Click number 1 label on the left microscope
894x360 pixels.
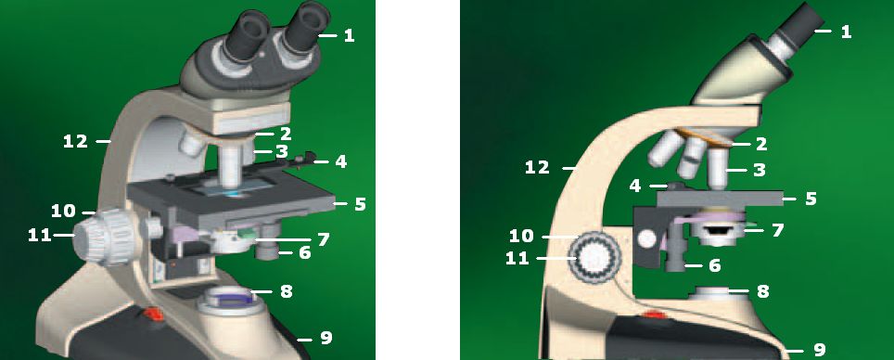pos(349,36)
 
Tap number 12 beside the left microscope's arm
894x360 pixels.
pos(75,140)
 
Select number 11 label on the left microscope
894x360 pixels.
pos(40,235)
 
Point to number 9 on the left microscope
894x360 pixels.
pos(326,339)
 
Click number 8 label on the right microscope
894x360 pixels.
pos(762,291)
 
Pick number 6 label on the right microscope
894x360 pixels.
pos(714,265)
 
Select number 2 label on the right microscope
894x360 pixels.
pos(760,144)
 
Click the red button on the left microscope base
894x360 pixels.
pos(152,313)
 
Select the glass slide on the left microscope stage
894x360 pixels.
pos(231,187)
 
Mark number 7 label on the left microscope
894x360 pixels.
pos(324,239)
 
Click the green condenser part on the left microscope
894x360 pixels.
pos(248,233)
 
